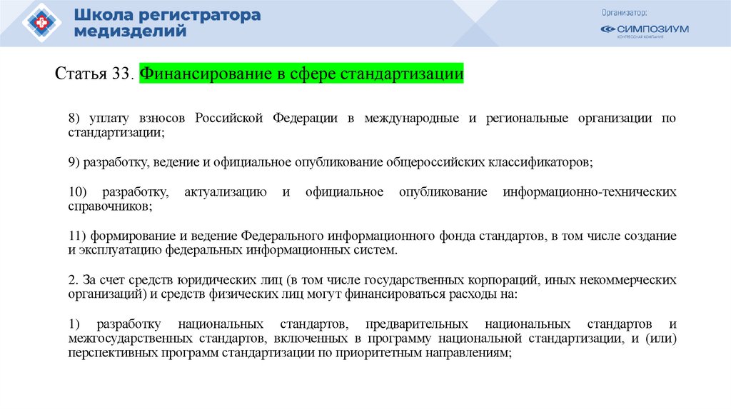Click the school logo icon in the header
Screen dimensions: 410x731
pyautogui.click(x=42, y=23)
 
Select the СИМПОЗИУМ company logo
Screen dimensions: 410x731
pyautogui.click(x=644, y=30)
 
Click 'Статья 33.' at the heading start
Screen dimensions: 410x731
pyautogui.click(x=94, y=74)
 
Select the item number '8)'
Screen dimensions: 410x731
pyautogui.click(x=76, y=118)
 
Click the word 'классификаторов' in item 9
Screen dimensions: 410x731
pyautogui.click(x=547, y=162)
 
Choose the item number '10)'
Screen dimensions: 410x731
pyautogui.click(x=78, y=192)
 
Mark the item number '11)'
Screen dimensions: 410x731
pyautogui.click(x=78, y=236)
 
